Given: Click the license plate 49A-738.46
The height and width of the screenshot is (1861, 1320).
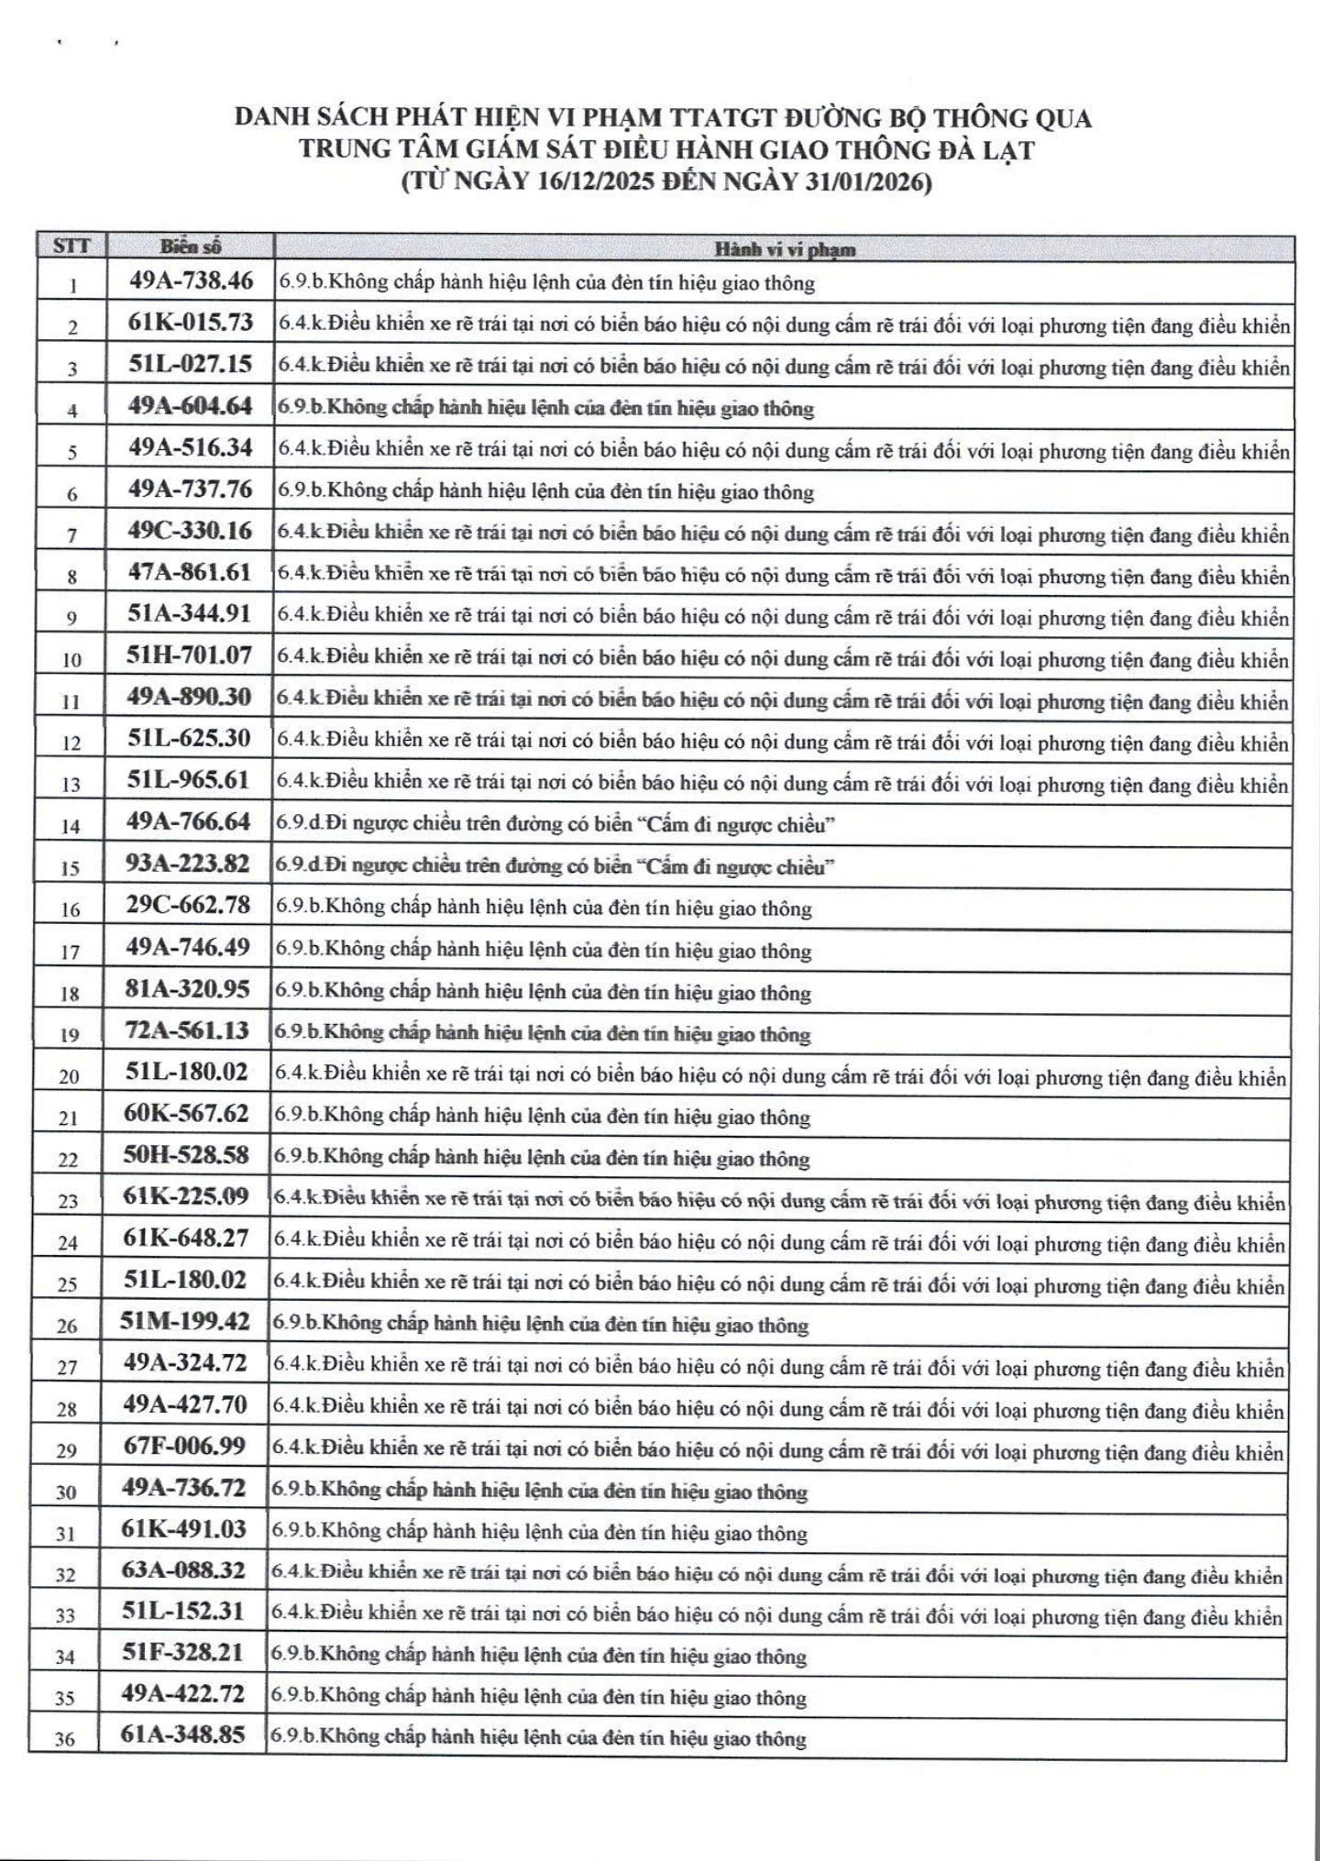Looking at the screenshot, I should [x=191, y=281].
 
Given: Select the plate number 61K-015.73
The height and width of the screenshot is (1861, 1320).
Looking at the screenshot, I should [x=191, y=323].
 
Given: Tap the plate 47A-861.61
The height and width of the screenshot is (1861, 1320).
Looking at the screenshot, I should [x=190, y=572].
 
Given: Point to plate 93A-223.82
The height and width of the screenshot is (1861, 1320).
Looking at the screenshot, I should [x=188, y=864].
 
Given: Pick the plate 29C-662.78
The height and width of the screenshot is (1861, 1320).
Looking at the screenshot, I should [x=188, y=905].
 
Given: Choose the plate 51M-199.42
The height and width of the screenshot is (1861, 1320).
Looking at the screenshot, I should [x=184, y=1321].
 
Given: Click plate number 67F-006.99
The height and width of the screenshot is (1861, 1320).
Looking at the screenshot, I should [x=184, y=1446].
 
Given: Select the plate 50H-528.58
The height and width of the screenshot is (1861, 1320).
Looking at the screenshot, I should [x=186, y=1155].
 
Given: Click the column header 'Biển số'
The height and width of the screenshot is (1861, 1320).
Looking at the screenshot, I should [x=191, y=247].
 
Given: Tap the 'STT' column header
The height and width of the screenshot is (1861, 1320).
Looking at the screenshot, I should [x=72, y=247].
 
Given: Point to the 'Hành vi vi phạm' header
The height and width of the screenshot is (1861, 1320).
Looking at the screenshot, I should [x=785, y=248].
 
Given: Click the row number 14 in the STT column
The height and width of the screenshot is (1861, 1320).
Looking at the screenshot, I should [x=71, y=826].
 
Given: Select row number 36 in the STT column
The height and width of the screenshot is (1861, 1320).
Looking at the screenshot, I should [x=64, y=1737].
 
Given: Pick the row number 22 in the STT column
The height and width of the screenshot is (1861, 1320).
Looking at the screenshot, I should [x=68, y=1160].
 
